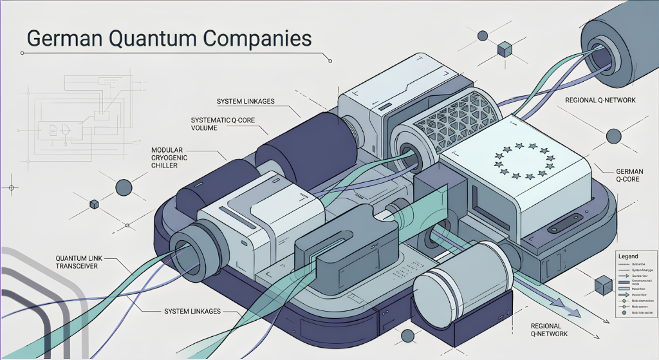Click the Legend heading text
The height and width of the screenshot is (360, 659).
click(x=627, y=256)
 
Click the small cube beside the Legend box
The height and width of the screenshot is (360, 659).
click(x=602, y=285)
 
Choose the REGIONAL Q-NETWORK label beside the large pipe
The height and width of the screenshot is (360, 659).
click(x=600, y=100)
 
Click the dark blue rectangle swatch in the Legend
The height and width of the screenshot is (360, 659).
click(x=623, y=281)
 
